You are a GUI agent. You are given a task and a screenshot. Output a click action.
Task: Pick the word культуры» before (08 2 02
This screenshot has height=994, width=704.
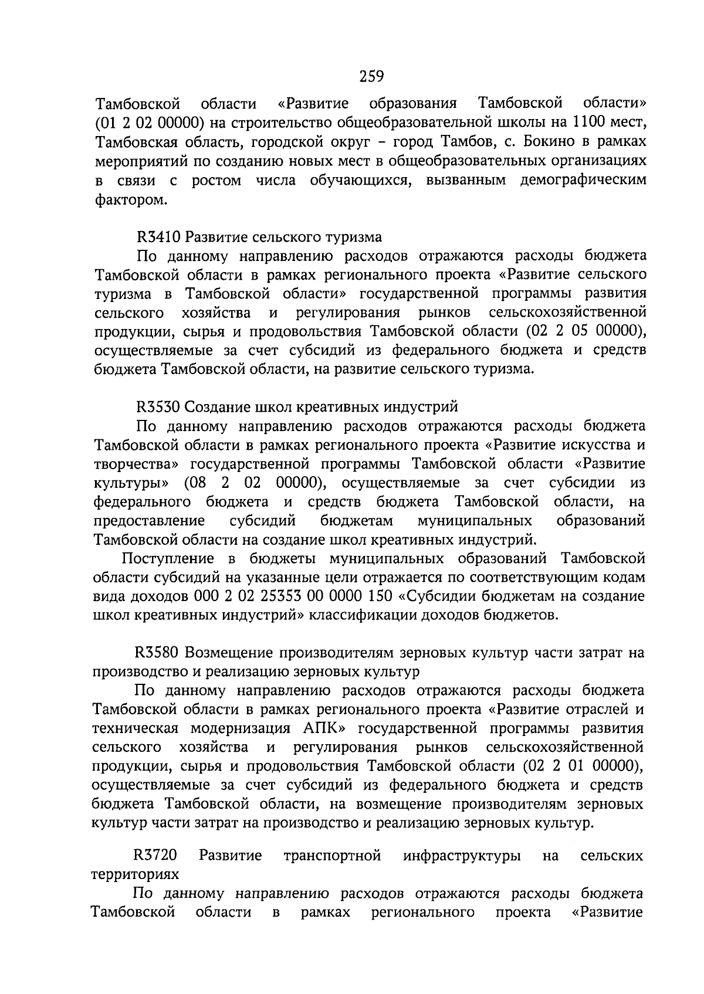132,483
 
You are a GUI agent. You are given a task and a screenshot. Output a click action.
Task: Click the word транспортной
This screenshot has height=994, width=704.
332,856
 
